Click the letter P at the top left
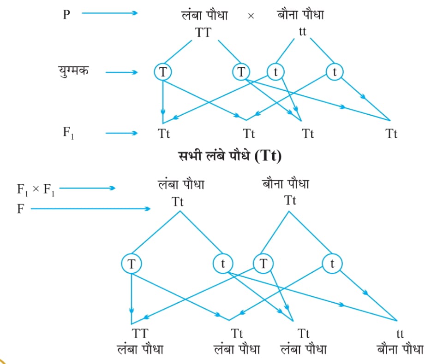coord(66,14)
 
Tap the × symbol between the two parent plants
coord(251,16)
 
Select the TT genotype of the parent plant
coord(203,33)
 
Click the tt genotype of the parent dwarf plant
coord(302,31)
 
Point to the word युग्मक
coord(73,71)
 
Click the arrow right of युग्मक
coord(121,72)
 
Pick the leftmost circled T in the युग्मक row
coord(163,72)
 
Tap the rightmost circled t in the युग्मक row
coord(335,72)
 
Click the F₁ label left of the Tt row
coord(68,133)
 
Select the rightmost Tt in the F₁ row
coord(391,134)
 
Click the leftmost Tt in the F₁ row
coord(164,134)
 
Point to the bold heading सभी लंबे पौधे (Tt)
coord(230,156)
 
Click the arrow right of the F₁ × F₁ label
coord(87,188)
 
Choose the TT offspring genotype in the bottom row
coord(140,334)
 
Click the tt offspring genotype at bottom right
coord(400,334)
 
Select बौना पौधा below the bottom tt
coord(400,349)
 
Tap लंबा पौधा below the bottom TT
coord(140,349)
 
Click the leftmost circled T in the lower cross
coord(131,263)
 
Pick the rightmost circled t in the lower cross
coord(332,263)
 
